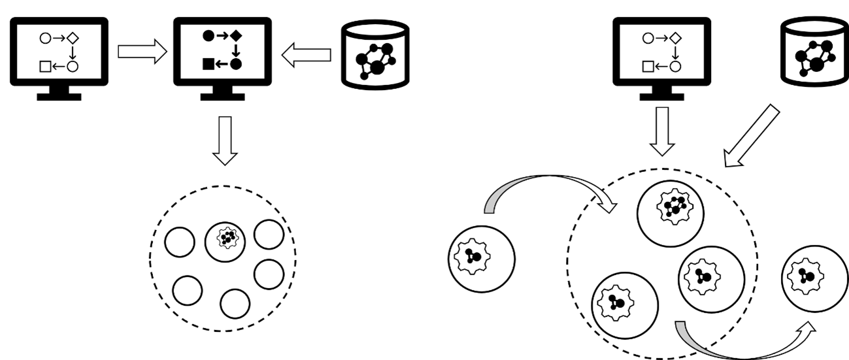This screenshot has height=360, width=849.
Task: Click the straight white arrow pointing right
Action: pos(141,52)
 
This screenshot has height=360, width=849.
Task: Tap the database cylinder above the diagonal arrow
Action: pos(814,52)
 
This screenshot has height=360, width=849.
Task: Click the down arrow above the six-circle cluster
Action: pos(225,139)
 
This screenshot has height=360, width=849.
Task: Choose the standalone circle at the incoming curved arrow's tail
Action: pos(482,258)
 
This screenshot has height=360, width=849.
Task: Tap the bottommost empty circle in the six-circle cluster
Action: pos(235,303)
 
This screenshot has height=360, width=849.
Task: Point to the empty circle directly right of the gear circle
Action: pos(269,235)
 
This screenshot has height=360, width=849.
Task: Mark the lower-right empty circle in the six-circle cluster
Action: pos(269,274)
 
